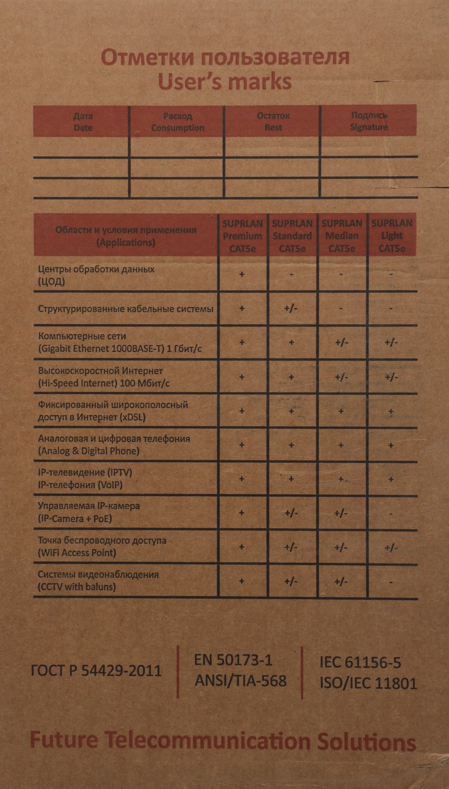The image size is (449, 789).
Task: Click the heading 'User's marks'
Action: pyautogui.click(x=225, y=81)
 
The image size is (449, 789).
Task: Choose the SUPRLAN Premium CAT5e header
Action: pyautogui.click(x=242, y=236)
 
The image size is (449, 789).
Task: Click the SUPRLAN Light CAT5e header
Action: pyautogui.click(x=392, y=236)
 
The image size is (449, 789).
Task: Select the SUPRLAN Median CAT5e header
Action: pyautogui.click(x=342, y=236)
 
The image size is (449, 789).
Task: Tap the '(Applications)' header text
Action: pyautogui.click(x=126, y=243)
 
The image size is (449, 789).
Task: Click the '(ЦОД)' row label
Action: pyautogui.click(x=52, y=282)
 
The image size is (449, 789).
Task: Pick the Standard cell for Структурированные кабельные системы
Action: pyautogui.click(x=291, y=308)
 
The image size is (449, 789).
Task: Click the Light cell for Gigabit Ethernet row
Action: pyautogui.click(x=391, y=342)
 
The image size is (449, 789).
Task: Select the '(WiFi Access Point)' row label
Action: pyautogui.click(x=77, y=553)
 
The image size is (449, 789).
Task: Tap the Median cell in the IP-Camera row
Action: pyautogui.click(x=341, y=513)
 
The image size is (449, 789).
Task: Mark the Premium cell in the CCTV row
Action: pyautogui.click(x=242, y=581)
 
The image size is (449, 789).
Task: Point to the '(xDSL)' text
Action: pyautogui.click(x=132, y=417)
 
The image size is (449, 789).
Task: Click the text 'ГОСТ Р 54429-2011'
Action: pyautogui.click(x=96, y=671)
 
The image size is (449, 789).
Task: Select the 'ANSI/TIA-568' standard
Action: pyautogui.click(x=240, y=681)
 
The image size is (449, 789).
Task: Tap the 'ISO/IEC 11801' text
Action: pyautogui.click(x=368, y=683)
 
